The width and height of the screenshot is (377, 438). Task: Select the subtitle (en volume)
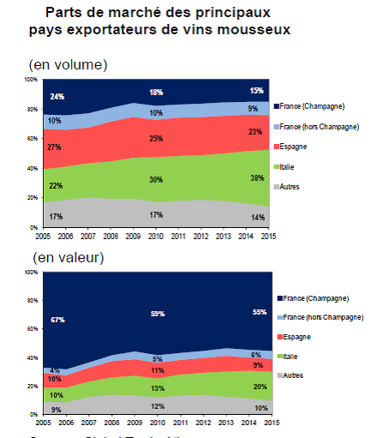[69, 65]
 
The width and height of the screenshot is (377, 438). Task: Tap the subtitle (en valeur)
[68, 257]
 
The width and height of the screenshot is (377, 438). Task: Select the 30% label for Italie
[156, 179]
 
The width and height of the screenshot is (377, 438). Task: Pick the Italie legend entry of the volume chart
[290, 166]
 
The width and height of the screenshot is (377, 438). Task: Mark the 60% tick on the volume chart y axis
[30, 138]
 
